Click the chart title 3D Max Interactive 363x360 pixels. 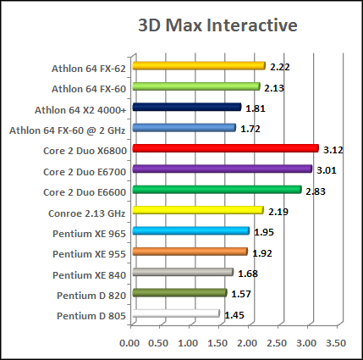[x=217, y=25]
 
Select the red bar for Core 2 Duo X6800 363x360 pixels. [x=223, y=148]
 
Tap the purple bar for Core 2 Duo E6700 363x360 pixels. [x=220, y=169]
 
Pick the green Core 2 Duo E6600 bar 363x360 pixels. [x=215, y=190]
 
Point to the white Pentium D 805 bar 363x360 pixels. [x=174, y=314]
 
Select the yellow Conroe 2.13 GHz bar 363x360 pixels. [x=196, y=210]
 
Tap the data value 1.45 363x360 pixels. [x=234, y=315]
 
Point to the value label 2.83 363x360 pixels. [x=315, y=191]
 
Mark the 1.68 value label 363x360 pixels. [x=248, y=274]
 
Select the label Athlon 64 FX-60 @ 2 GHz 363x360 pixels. [x=67, y=129]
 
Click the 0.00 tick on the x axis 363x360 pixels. [x=130, y=343]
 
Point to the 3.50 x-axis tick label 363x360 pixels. [x=335, y=343]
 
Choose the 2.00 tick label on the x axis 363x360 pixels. [x=247, y=343]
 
